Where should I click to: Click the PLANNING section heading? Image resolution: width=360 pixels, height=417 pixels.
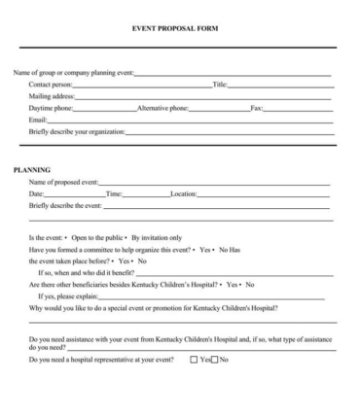tap(31, 170)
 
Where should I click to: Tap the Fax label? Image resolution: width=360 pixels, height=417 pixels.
tap(257, 109)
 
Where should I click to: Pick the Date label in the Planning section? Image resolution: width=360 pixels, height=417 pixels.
tap(37, 194)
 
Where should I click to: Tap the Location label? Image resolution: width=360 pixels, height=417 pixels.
tap(183, 194)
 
